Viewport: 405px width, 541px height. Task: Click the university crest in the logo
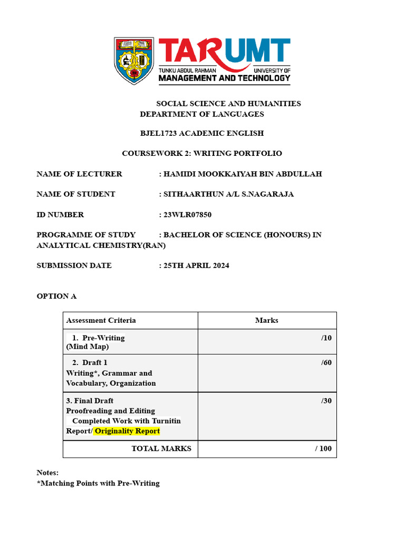(134, 61)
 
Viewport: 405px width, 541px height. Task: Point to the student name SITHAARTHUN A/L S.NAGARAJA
(228, 194)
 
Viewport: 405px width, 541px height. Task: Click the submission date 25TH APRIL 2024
(196, 265)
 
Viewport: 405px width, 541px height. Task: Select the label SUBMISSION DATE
(74, 265)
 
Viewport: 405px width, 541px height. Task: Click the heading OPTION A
(56, 296)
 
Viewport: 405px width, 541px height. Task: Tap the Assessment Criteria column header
(101, 320)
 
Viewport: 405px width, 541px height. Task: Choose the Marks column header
(266, 320)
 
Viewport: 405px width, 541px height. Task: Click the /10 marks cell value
(326, 338)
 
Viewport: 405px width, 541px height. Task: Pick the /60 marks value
(326, 362)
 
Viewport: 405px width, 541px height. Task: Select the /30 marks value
(326, 400)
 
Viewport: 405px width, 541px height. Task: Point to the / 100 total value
(323, 449)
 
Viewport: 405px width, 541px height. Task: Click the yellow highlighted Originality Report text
(127, 431)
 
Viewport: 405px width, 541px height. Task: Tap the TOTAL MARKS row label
(161, 449)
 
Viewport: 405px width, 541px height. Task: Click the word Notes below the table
(47, 472)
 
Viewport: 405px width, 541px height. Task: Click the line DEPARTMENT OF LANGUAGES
(202, 114)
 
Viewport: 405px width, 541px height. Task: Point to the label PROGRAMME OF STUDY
(86, 235)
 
